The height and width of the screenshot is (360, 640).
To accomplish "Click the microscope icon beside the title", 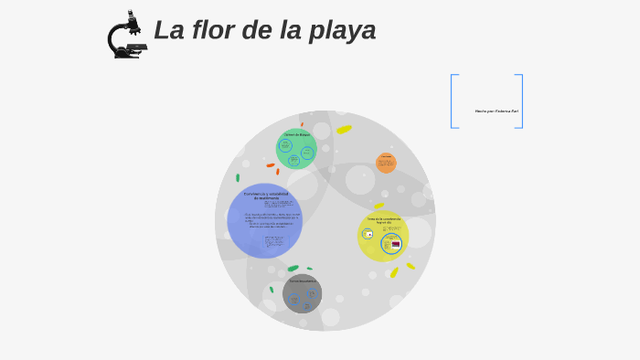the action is click(x=126, y=35).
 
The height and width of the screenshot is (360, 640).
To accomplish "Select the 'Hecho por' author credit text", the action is click(x=496, y=111).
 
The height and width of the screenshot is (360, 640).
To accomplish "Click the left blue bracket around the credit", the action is click(x=453, y=101).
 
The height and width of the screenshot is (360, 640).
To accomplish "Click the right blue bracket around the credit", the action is click(x=520, y=101).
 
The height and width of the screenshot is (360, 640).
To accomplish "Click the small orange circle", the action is click(x=386, y=163).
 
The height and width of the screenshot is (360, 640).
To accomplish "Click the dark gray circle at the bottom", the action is click(x=302, y=293).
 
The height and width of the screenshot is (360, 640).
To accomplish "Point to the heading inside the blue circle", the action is click(x=265, y=196).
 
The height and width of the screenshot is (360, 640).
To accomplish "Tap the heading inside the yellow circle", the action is click(x=383, y=220).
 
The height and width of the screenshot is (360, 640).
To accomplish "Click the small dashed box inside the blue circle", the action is click(x=275, y=242).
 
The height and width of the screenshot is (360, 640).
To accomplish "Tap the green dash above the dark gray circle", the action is click(x=293, y=269).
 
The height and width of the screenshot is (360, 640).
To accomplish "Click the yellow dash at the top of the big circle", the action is click(x=344, y=130).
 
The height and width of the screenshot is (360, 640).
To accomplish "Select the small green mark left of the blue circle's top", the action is click(x=238, y=177).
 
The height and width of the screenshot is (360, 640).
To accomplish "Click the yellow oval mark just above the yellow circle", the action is click(x=379, y=206).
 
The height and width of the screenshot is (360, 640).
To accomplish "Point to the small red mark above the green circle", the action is click(x=302, y=124).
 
